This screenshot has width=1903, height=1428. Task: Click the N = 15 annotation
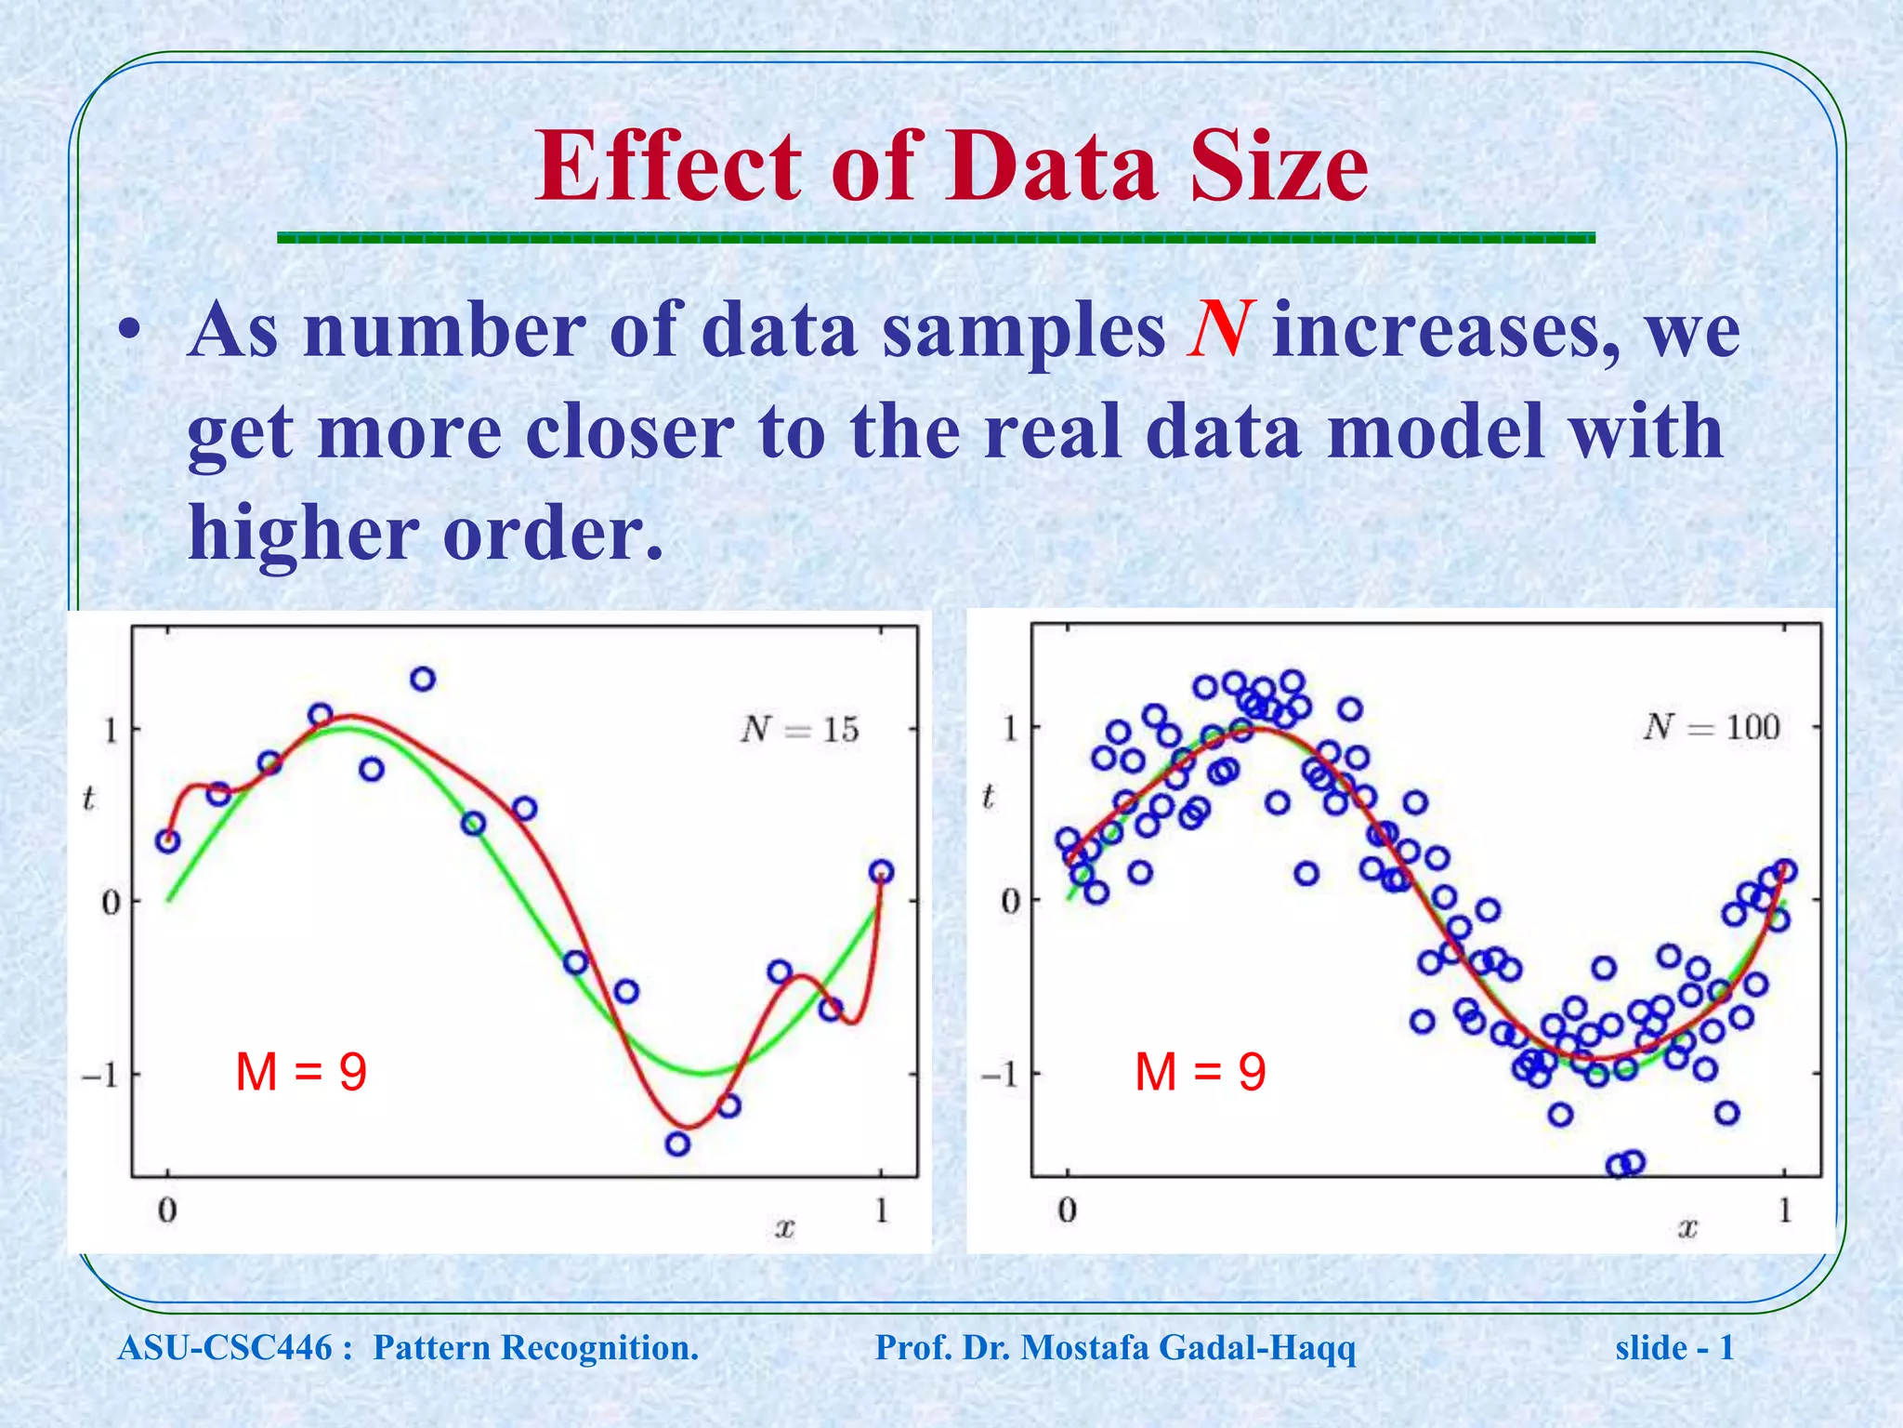tap(800, 730)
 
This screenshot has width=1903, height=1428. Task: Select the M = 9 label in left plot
tap(301, 1072)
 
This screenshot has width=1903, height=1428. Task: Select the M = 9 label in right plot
tap(1201, 1072)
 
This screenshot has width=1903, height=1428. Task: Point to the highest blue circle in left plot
tap(423, 680)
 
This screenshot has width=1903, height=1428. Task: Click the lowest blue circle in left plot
tap(677, 1144)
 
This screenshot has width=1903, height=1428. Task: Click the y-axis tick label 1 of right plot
tap(1011, 729)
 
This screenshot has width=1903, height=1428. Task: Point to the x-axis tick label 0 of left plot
tap(167, 1211)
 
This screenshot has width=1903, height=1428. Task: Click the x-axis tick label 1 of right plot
tap(1785, 1211)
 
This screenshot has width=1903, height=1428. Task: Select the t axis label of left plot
tap(88, 798)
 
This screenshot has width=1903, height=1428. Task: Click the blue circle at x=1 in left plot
tap(882, 872)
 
